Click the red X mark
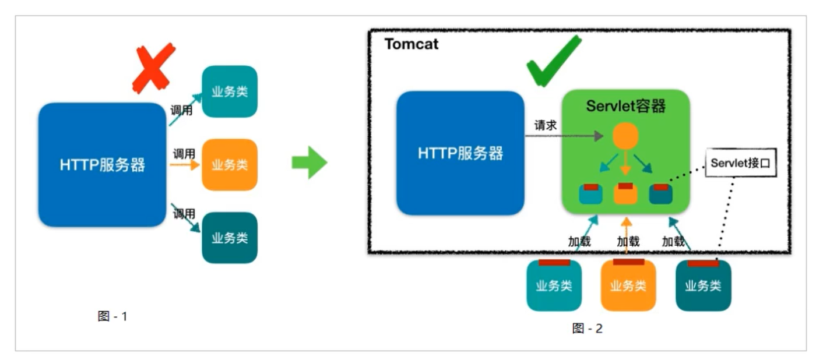[x=153, y=68]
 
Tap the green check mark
[x=553, y=61]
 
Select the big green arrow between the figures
[x=309, y=163]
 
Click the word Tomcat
[x=412, y=44]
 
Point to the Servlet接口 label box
[x=740, y=163]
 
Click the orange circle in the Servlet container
[x=625, y=136]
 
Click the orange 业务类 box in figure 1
[x=230, y=165]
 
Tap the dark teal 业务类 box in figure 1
[x=230, y=238]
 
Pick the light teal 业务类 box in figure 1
[x=230, y=91]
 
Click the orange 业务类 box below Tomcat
[x=628, y=285]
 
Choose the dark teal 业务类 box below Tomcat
[x=703, y=285]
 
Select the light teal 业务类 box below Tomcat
[x=554, y=285]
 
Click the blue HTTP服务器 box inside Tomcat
[x=460, y=153]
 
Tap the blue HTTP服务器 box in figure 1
[x=103, y=165]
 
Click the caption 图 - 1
[x=112, y=316]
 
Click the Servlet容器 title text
[x=625, y=107]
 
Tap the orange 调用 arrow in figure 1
[x=184, y=165]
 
